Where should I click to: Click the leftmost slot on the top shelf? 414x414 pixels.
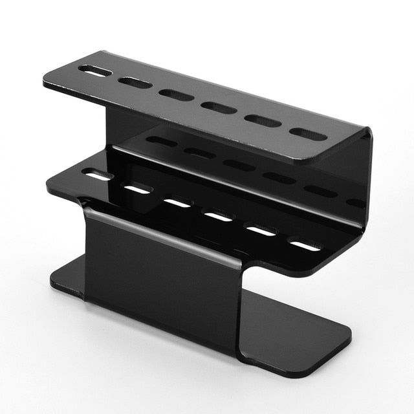click(95, 71)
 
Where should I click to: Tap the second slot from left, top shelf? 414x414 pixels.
click(135, 83)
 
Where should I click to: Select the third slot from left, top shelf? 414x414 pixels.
click(177, 95)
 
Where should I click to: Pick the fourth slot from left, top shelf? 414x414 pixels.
click(219, 107)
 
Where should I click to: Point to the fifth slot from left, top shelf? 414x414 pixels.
click(263, 121)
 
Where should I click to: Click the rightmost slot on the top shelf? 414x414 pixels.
click(308, 134)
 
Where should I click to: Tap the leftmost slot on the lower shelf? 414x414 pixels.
click(98, 175)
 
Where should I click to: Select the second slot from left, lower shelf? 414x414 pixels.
click(137, 189)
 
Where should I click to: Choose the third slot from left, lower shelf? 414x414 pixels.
click(177, 202)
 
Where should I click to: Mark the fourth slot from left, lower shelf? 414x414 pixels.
click(217, 216)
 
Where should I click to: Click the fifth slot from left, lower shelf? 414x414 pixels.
click(261, 230)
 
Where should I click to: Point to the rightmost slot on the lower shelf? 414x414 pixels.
click(305, 245)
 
